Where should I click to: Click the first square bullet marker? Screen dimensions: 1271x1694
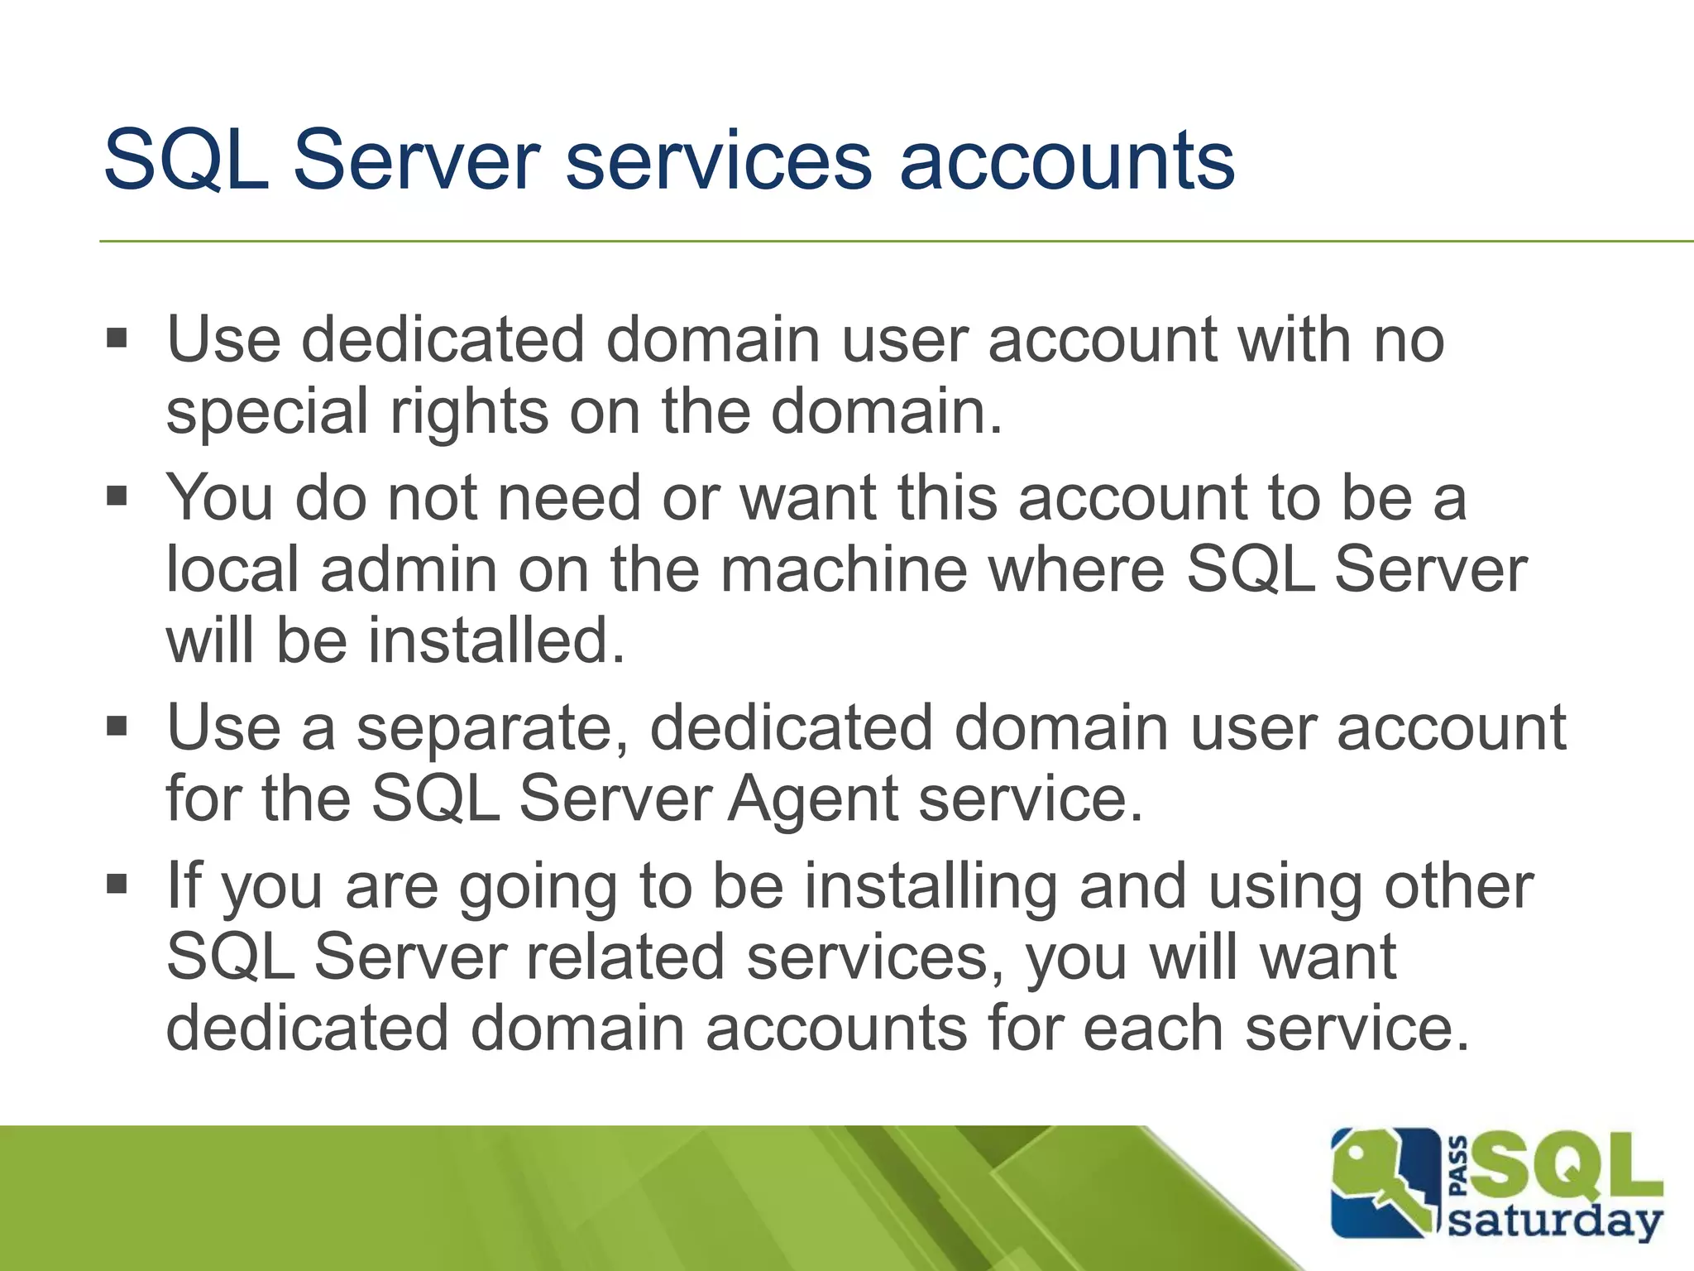[x=117, y=338]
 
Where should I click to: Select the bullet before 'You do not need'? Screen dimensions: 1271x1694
[x=117, y=496]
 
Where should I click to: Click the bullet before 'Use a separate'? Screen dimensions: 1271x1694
[x=117, y=727]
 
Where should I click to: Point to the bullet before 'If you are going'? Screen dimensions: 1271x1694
[x=117, y=884]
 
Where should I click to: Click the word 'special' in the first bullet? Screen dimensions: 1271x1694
[x=266, y=411]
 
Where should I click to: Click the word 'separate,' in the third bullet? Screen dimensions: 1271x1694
[x=492, y=728]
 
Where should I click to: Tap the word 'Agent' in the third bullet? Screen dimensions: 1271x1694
[x=813, y=799]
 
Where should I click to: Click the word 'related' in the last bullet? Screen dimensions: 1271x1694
[x=625, y=957]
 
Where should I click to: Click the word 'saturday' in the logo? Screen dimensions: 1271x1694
[x=1554, y=1221]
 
